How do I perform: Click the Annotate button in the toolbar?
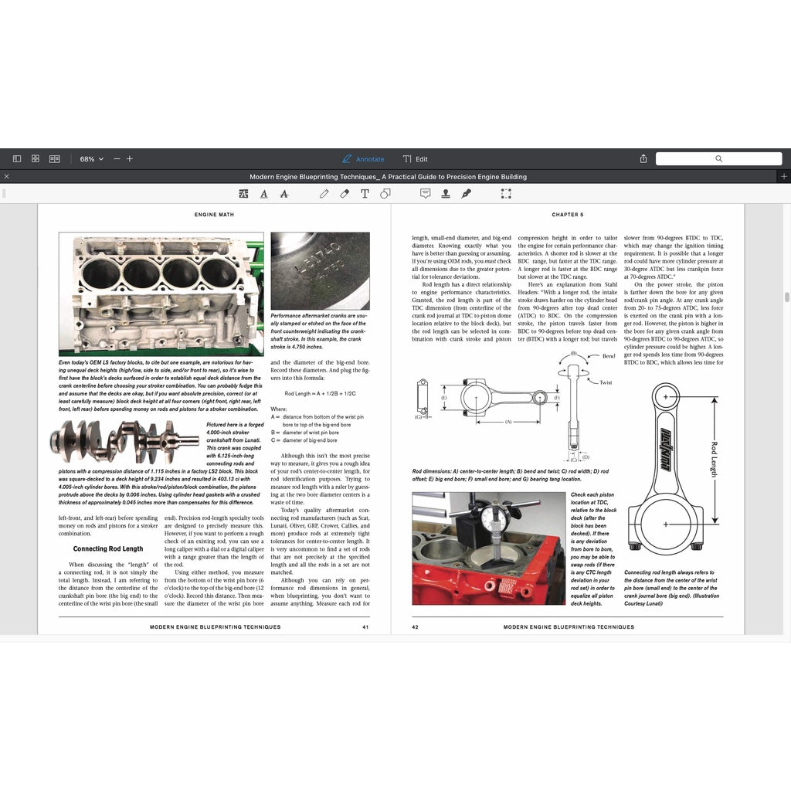pos(363,159)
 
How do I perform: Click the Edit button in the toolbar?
pos(416,159)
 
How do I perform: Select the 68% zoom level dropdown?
pos(90,159)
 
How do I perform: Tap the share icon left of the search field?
pos(643,159)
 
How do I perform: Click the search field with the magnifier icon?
pos(718,159)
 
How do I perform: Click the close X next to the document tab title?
pos(7,177)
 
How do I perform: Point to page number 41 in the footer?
pos(365,627)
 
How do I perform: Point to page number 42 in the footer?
pos(415,627)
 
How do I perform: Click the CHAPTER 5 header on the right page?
pos(568,215)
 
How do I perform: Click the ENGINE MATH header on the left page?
pos(214,215)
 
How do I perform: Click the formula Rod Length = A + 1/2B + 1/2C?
pos(319,394)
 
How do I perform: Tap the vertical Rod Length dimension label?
pos(714,459)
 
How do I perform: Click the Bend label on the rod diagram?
pos(609,356)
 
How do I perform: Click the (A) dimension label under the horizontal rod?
pos(508,422)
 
